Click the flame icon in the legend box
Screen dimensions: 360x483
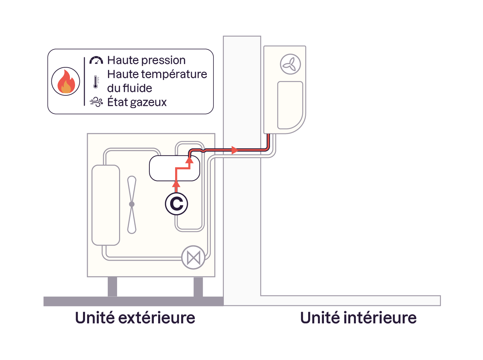(x=66, y=81)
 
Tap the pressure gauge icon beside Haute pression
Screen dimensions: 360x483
(x=96, y=60)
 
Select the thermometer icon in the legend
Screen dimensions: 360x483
(x=96, y=82)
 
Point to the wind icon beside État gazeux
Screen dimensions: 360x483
(x=96, y=102)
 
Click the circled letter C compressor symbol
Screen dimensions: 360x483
(x=176, y=204)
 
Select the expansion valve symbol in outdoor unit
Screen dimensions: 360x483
(x=193, y=257)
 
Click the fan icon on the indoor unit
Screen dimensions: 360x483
(x=290, y=64)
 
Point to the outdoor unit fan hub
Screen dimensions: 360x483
(x=132, y=204)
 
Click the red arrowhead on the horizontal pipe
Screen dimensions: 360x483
(x=235, y=150)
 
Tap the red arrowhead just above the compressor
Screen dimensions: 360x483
(x=176, y=184)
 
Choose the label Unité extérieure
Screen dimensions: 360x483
(x=135, y=318)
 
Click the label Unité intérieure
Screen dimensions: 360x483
(x=358, y=318)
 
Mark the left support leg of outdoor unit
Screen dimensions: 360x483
(x=112, y=286)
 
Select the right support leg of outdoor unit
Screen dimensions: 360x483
(x=198, y=286)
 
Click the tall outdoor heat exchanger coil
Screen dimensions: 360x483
(x=106, y=205)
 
